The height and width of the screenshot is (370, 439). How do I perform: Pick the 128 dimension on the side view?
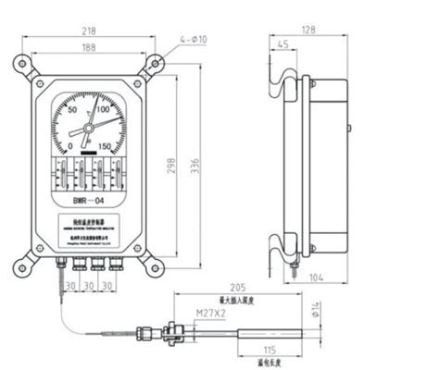click(309, 30)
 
